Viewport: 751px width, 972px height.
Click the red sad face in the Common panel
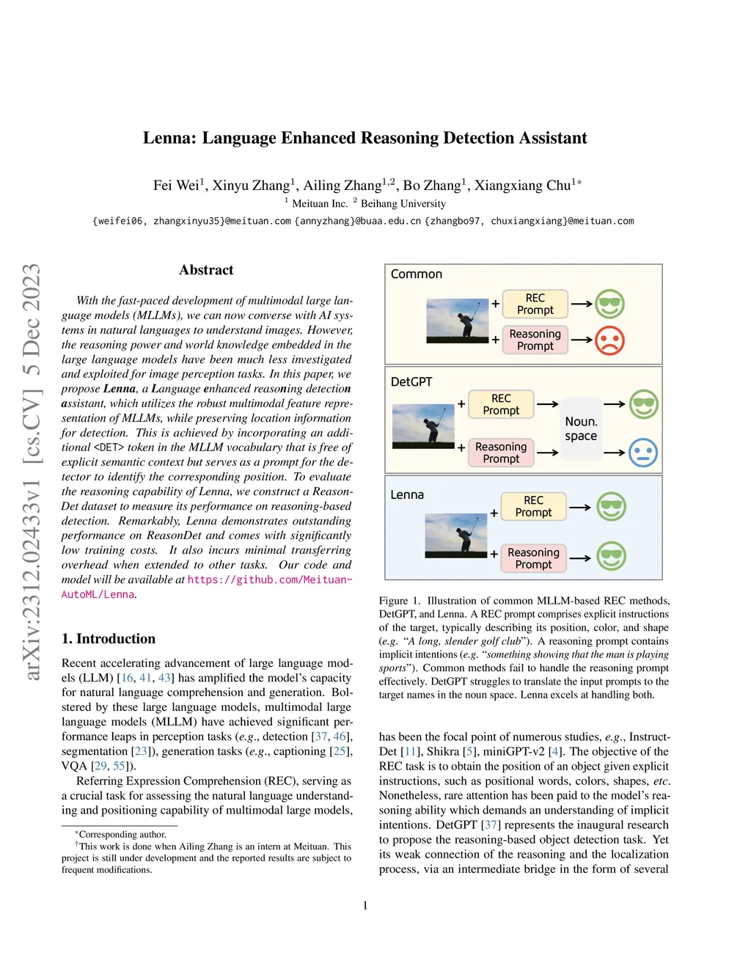click(x=609, y=340)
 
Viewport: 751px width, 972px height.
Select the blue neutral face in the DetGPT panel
click(x=642, y=453)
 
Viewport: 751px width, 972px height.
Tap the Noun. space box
click(x=581, y=429)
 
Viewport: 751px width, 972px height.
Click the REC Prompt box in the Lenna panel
click(x=533, y=506)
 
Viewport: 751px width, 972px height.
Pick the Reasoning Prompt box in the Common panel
click(x=535, y=340)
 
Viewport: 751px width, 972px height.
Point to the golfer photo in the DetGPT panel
click(x=423, y=425)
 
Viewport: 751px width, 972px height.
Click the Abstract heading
click(x=206, y=270)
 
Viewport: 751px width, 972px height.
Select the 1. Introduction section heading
click(x=109, y=638)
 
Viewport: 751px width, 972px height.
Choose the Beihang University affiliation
click(x=403, y=204)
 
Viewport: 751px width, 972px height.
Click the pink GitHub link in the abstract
click(x=269, y=580)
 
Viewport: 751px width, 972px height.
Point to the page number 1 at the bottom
click(x=365, y=905)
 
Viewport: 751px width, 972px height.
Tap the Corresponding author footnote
click(x=122, y=834)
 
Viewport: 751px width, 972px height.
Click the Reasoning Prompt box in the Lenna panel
click(x=533, y=558)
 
